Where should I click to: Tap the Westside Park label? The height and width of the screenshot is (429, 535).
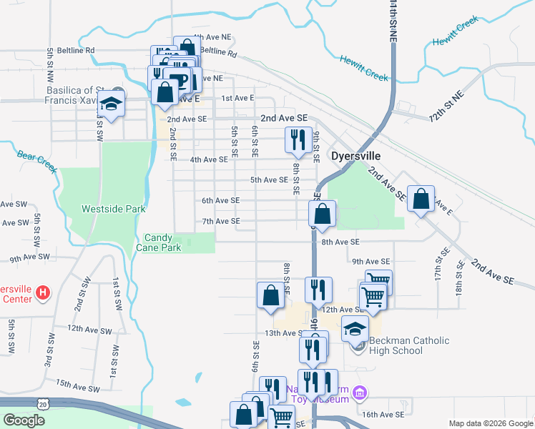[x=114, y=209]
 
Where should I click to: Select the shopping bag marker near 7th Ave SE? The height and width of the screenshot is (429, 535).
[x=323, y=213]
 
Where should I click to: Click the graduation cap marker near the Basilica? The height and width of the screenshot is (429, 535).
[x=112, y=104]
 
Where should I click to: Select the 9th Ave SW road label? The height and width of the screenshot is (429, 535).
[x=30, y=256]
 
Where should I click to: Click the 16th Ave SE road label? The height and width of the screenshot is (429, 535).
[x=383, y=414]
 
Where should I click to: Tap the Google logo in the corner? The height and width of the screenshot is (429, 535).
[x=24, y=420]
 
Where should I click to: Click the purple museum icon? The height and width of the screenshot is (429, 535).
[x=360, y=392]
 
